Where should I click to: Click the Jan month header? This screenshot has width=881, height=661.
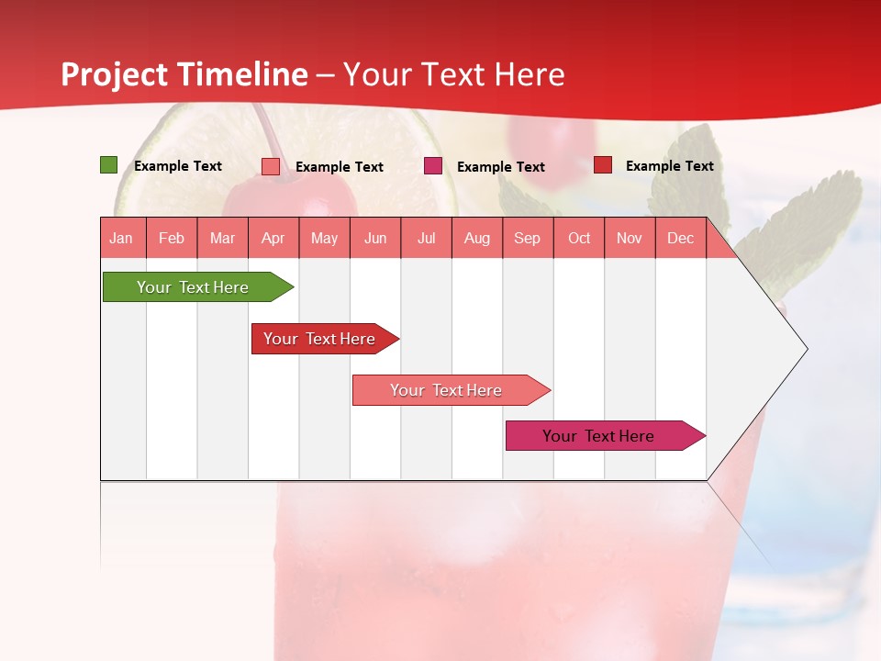(x=121, y=238)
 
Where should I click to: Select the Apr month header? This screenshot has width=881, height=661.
(x=273, y=238)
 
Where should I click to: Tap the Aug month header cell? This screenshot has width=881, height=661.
(x=476, y=238)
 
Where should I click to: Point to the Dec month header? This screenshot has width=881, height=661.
(x=680, y=238)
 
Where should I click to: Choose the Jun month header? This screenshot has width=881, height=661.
(x=375, y=238)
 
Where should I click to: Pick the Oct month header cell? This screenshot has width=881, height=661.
(x=579, y=238)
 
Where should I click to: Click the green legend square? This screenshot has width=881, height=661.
(x=108, y=165)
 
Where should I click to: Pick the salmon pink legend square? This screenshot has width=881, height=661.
(x=270, y=166)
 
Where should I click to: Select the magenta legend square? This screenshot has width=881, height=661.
(x=432, y=166)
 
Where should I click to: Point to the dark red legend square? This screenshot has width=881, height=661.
(x=602, y=165)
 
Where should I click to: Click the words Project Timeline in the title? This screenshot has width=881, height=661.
(x=184, y=74)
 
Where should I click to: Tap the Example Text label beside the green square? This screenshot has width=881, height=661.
(x=178, y=166)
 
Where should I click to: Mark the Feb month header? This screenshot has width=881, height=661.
(x=172, y=238)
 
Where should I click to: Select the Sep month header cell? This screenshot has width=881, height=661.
(x=527, y=238)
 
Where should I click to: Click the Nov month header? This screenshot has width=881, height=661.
(x=630, y=238)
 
